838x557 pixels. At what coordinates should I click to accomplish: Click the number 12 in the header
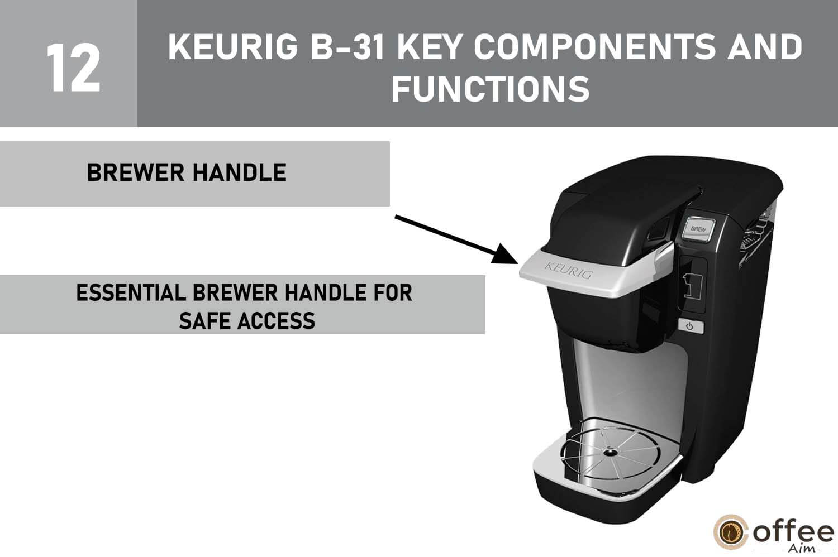(x=73, y=68)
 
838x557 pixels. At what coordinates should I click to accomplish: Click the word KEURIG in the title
(x=233, y=47)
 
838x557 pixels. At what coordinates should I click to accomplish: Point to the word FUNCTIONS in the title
(x=490, y=89)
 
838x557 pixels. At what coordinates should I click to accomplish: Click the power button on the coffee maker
(x=690, y=326)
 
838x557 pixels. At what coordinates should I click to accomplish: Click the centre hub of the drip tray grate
(x=607, y=454)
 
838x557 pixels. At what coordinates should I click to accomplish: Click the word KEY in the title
(x=430, y=47)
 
